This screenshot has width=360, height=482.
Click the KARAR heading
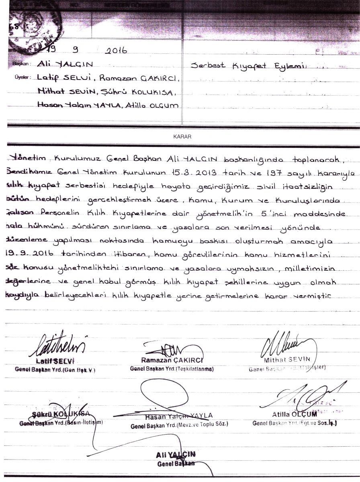click(182, 137)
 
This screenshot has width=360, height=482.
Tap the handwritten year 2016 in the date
click(115, 51)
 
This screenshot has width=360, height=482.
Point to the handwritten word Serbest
click(208, 65)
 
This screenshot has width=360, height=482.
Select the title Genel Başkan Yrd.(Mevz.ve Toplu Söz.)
click(179, 424)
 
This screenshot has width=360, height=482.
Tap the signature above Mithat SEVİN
click(284, 343)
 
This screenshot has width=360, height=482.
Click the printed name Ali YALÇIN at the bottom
click(176, 455)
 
